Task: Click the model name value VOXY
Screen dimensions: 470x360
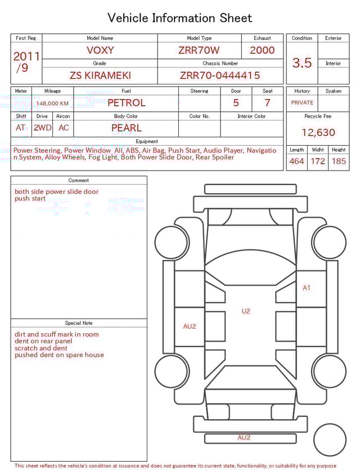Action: [x=100, y=50]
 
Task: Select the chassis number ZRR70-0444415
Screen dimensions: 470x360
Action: [x=220, y=75]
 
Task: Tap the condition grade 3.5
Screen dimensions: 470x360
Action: [x=302, y=63]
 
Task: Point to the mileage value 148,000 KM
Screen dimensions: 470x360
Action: [x=52, y=104]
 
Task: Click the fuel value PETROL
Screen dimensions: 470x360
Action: [x=126, y=103]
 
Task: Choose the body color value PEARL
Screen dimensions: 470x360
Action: [x=126, y=128]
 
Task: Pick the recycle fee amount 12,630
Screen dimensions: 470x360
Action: [x=318, y=133]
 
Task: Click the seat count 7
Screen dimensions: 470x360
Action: [x=267, y=103]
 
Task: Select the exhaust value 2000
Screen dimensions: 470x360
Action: [x=262, y=50]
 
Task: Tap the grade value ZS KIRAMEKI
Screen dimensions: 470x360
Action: [x=100, y=75]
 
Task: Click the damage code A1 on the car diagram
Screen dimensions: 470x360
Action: [x=307, y=288]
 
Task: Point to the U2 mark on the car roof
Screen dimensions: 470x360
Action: [x=246, y=311]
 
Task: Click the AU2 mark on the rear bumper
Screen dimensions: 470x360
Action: [x=244, y=437]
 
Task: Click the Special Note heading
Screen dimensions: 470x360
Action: [x=79, y=323]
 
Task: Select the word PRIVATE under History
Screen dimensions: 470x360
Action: [x=302, y=103]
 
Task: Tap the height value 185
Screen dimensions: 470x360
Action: [x=339, y=162]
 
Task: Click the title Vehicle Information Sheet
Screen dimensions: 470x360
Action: [x=180, y=18]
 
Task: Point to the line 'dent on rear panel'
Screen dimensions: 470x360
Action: [x=43, y=341]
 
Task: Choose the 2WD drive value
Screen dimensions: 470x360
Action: [x=42, y=128]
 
